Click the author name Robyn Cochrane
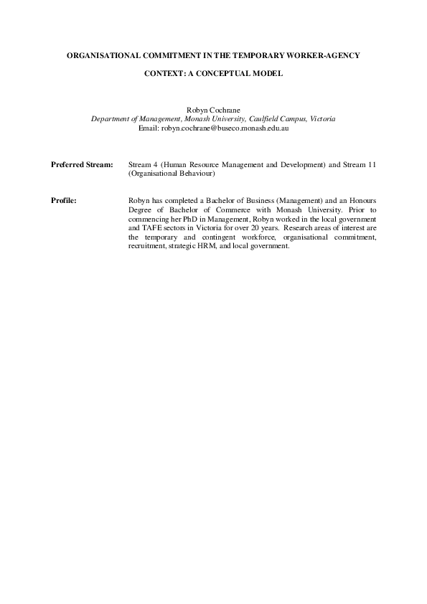(213, 110)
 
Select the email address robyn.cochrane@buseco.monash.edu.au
(213, 128)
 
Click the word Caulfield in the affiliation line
(261, 119)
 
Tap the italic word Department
(111, 119)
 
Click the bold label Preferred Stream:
(83, 164)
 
